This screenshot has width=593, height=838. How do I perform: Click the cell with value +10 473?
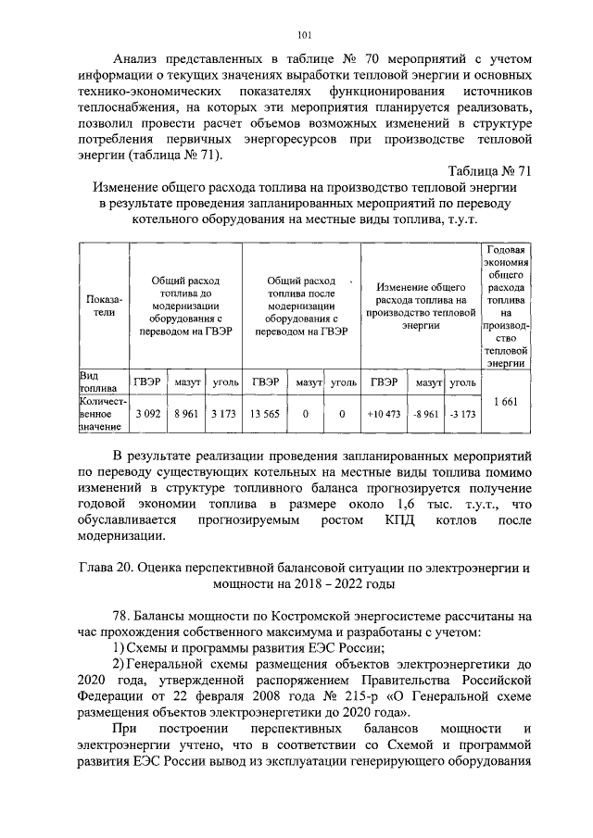pos(383,413)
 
